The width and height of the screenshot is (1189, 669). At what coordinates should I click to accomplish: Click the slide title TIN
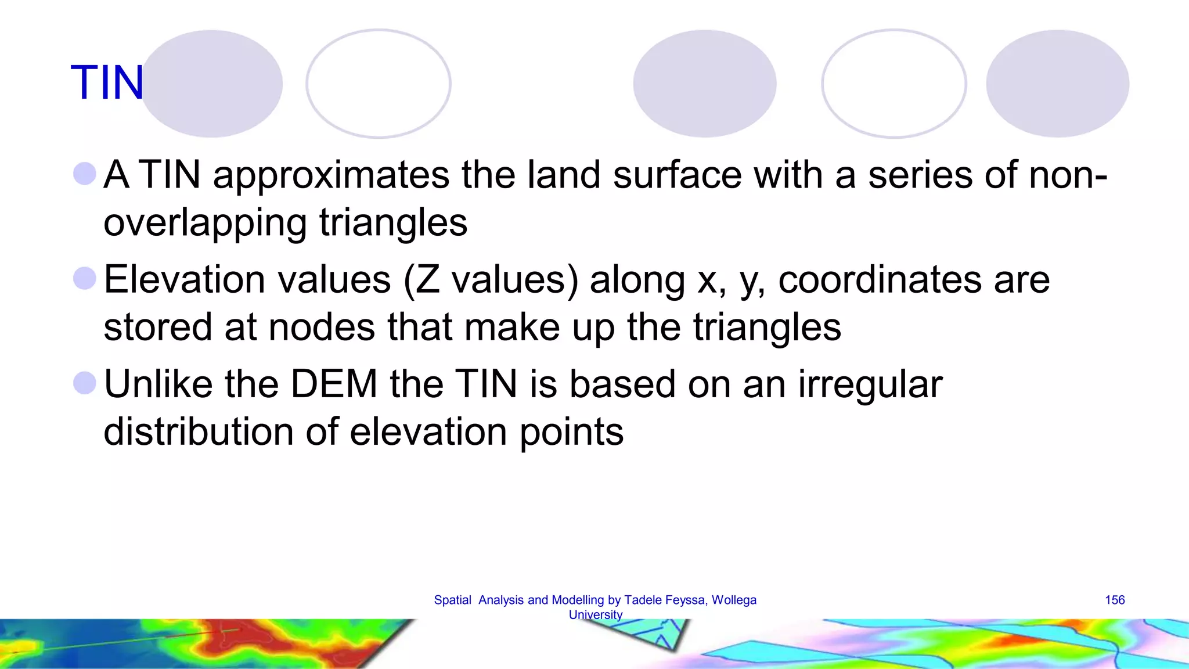tap(107, 83)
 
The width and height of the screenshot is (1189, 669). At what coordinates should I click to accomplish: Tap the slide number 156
tap(1114, 600)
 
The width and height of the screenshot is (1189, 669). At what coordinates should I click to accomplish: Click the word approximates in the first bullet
tap(331, 175)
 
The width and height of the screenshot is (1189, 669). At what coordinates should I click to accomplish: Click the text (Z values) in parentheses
tap(491, 280)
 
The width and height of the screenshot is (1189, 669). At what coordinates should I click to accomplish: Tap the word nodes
tap(322, 327)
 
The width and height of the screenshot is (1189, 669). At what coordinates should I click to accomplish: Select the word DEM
tap(334, 384)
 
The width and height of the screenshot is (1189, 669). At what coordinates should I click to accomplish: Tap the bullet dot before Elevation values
tap(85, 278)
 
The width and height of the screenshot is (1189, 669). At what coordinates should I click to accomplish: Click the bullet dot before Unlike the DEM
tap(85, 383)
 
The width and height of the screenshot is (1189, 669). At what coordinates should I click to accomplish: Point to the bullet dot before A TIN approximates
tap(85, 174)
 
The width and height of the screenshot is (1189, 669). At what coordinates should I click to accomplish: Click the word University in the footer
tap(595, 615)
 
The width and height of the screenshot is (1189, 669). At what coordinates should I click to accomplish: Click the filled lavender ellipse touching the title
tap(212, 84)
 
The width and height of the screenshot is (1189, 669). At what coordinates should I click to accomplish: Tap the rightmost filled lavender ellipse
tap(1057, 84)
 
